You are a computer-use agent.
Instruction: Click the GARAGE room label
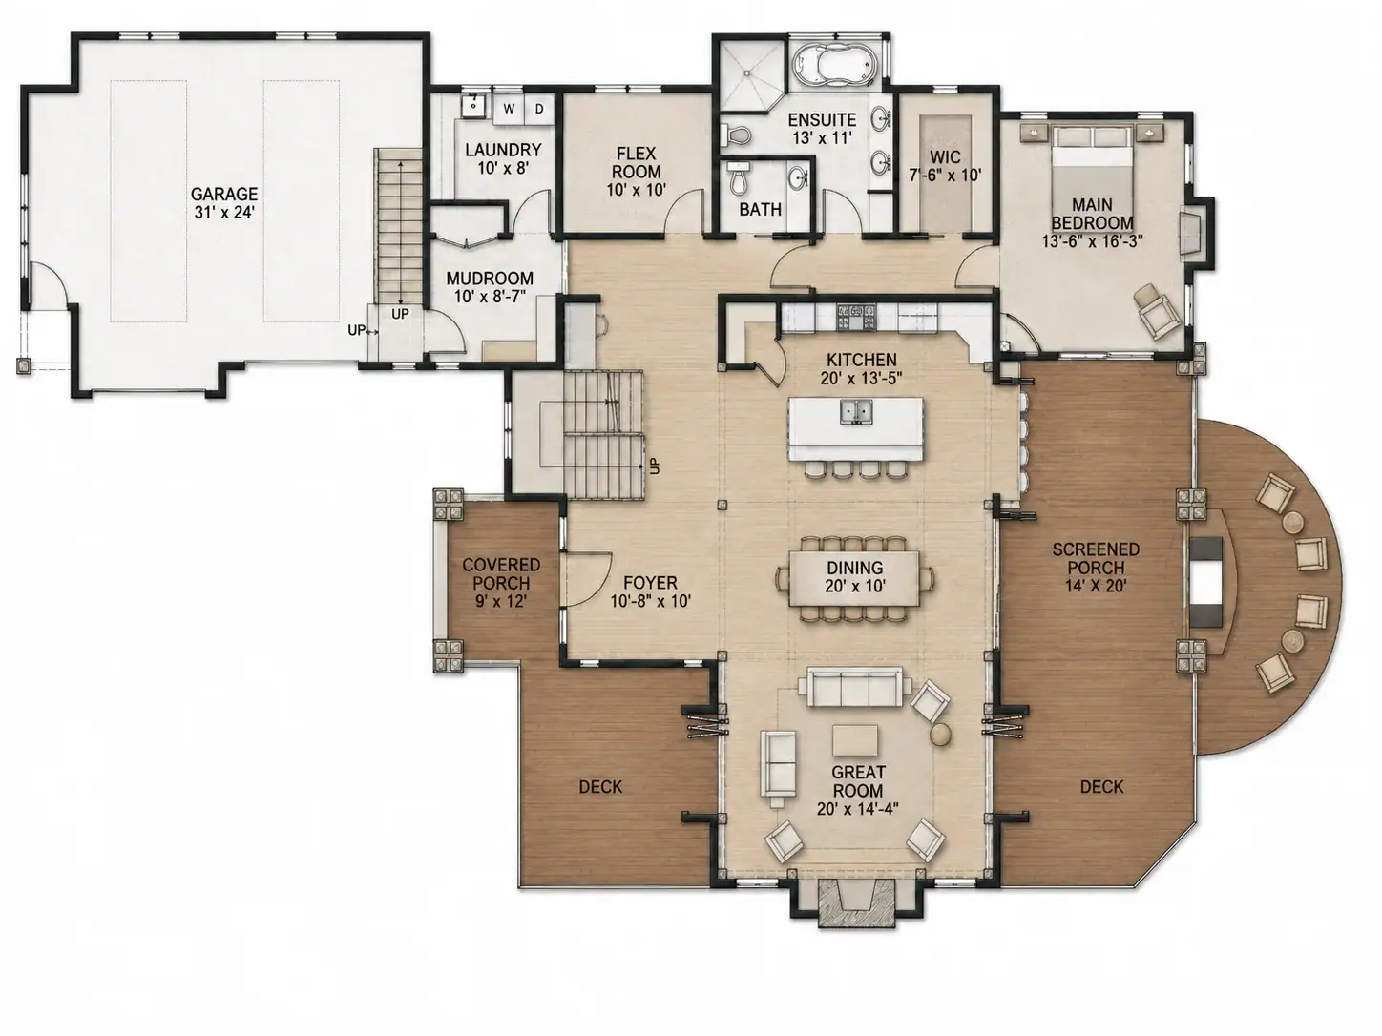tap(224, 193)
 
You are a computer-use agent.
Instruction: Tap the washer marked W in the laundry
tap(509, 109)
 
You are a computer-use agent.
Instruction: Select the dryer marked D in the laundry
tap(539, 109)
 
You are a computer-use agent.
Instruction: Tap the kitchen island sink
tap(856, 411)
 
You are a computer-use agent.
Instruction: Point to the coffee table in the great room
tap(855, 739)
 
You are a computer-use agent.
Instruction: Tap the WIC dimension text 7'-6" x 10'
tap(946, 175)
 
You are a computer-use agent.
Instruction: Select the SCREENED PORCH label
tap(1097, 558)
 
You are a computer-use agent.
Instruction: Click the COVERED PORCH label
tap(501, 573)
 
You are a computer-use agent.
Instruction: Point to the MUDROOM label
tap(490, 278)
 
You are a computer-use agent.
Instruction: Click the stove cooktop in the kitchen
tap(856, 317)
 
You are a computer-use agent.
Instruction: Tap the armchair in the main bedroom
tap(1157, 311)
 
